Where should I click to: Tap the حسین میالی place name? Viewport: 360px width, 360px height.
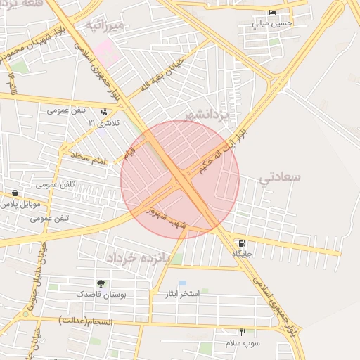(272, 23)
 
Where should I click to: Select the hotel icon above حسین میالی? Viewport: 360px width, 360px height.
(272, 13)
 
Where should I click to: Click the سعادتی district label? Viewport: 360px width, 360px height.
(280, 176)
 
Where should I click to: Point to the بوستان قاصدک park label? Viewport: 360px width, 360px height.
(102, 293)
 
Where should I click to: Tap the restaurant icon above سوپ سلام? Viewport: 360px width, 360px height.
(243, 332)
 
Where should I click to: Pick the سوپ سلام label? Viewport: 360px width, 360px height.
(243, 342)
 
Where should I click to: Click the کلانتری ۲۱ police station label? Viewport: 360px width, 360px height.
(104, 123)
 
